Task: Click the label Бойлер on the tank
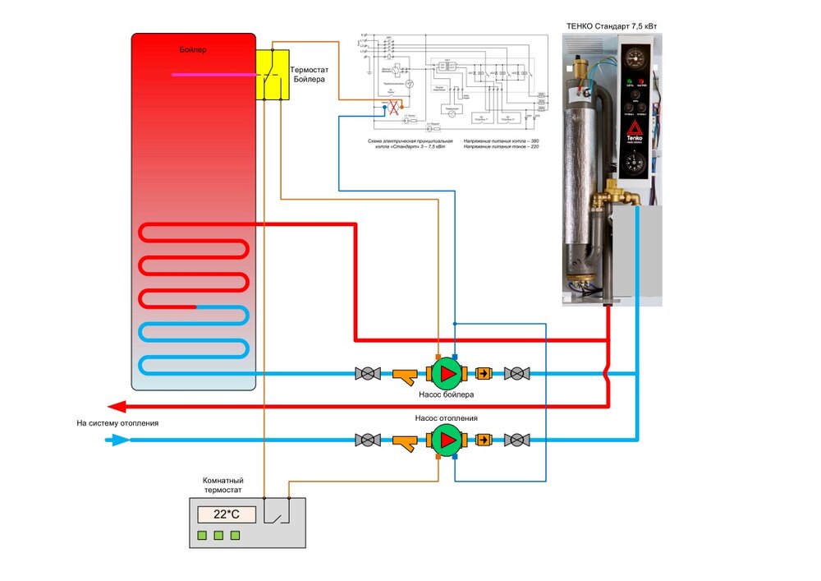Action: [x=193, y=50]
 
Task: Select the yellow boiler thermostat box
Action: [x=272, y=75]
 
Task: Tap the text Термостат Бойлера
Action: [x=310, y=73]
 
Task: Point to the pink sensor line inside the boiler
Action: [x=214, y=75]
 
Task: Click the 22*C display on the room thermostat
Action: [x=226, y=515]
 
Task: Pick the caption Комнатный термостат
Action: [x=222, y=485]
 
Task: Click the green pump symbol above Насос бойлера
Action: [x=447, y=374]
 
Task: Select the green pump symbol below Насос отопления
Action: [x=447, y=440]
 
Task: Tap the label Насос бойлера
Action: [x=446, y=394]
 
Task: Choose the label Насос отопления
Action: [x=446, y=418]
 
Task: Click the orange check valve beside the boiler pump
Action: [x=484, y=374]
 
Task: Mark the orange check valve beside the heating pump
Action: [x=484, y=440]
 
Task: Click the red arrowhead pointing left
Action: [x=117, y=406]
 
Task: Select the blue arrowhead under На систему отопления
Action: [x=120, y=440]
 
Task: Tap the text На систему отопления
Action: [x=117, y=423]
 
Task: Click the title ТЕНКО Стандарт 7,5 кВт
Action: [x=612, y=26]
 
